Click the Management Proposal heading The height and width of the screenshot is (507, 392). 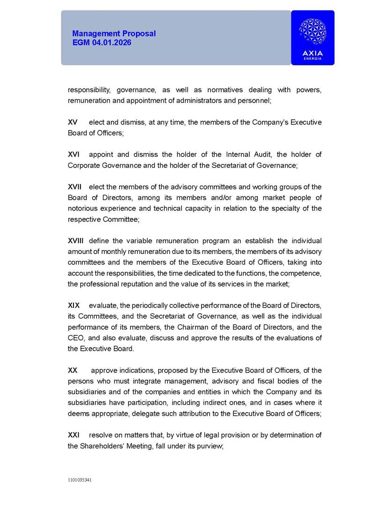pyautogui.click(x=114, y=34)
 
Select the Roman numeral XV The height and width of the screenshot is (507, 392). pyautogui.click(x=73, y=122)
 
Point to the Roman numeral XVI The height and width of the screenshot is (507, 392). pyautogui.click(x=74, y=154)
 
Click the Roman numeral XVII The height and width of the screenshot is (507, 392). pyautogui.click(x=75, y=187)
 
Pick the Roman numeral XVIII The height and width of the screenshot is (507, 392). pyautogui.click(x=76, y=241)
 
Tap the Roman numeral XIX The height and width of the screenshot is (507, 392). pyautogui.click(x=74, y=305)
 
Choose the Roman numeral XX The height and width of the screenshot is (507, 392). pyautogui.click(x=73, y=370)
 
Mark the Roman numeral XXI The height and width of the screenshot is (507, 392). pyautogui.click(x=74, y=435)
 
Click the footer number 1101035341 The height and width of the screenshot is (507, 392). pyautogui.click(x=80, y=480)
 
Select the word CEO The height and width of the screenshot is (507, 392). pyautogui.click(x=75, y=338)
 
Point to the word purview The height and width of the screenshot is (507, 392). pyautogui.click(x=211, y=446)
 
